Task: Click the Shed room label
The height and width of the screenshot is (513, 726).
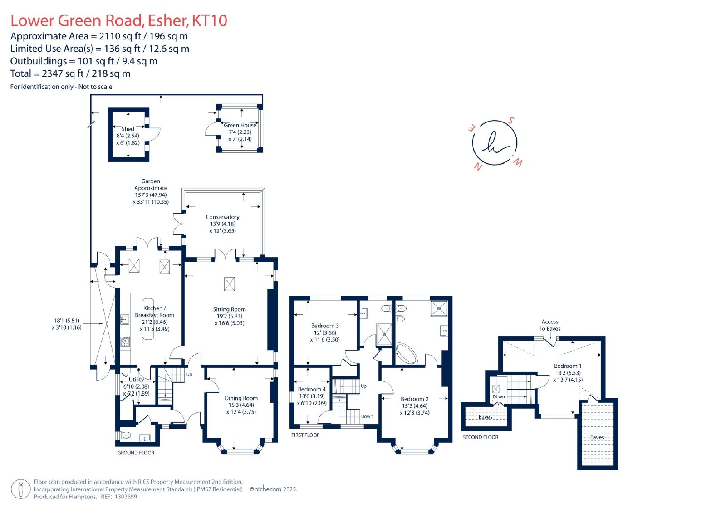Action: [x=128, y=129]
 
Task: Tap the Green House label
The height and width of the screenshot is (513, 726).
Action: [x=240, y=125]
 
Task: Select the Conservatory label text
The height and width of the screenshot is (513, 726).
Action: [x=222, y=217]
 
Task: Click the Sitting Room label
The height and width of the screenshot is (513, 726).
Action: [x=229, y=309]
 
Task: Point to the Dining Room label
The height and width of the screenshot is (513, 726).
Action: [x=241, y=398]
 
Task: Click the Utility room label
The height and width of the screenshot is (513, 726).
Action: [x=136, y=380]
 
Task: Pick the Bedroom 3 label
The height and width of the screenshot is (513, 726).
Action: [x=325, y=326]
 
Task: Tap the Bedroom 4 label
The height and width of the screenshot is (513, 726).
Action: [x=312, y=389]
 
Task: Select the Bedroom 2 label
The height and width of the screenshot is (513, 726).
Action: [x=415, y=399]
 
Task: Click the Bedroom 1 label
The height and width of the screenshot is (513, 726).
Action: [x=568, y=366]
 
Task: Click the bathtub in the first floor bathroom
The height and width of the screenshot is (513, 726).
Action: [x=407, y=353]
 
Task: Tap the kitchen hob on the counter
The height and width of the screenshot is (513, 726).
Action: [x=125, y=341]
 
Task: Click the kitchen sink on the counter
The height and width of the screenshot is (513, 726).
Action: [x=125, y=320]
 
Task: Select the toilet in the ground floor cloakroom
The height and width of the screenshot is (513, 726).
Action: [x=125, y=435]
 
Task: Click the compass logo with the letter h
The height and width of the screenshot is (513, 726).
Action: [x=495, y=143]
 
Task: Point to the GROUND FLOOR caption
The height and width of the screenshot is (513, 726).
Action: [x=136, y=453]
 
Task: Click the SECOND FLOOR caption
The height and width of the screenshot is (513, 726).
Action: [x=481, y=437]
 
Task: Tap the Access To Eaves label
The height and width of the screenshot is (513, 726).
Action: [x=549, y=325]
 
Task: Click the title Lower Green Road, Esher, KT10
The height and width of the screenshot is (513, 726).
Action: [x=118, y=20]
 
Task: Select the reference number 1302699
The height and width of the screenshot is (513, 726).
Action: [x=126, y=497]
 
